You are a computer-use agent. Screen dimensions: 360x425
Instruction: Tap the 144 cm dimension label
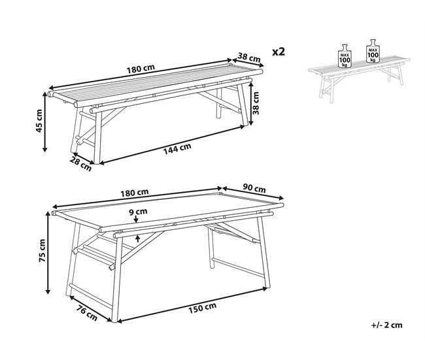(177, 148)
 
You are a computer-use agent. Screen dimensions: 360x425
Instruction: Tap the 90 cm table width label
(255, 189)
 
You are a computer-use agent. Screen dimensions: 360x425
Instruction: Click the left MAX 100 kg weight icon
(344, 56)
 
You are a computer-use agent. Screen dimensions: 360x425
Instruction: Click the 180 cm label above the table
(135, 192)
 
